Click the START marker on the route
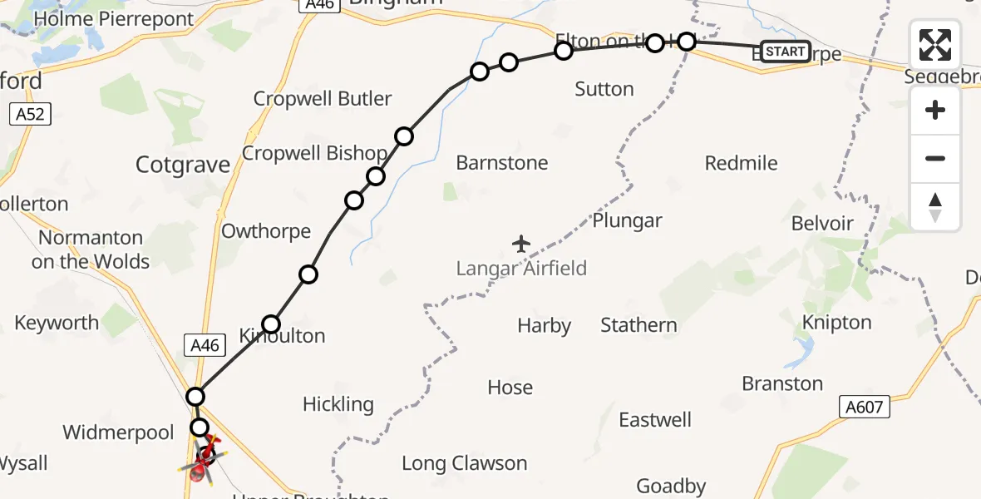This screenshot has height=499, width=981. tap(785, 52)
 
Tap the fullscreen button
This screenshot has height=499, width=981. tap(935, 45)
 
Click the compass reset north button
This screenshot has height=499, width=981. tap(935, 207)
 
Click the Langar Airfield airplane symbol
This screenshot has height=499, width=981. tap(521, 244)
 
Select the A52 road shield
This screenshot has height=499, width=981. tap(31, 115)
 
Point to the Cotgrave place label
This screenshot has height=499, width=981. tap(183, 165)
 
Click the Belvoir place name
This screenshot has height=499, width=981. tap(822, 223)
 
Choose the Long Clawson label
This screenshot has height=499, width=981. tap(464, 463)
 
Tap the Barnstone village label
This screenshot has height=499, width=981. tap(502, 163)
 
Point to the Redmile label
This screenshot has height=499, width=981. tap(741, 163)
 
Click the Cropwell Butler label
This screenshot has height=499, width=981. tap(323, 98)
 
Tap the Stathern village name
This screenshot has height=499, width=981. tap(638, 325)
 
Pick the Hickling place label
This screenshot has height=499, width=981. tap(338, 404)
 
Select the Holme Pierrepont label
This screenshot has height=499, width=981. tap(114, 18)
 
